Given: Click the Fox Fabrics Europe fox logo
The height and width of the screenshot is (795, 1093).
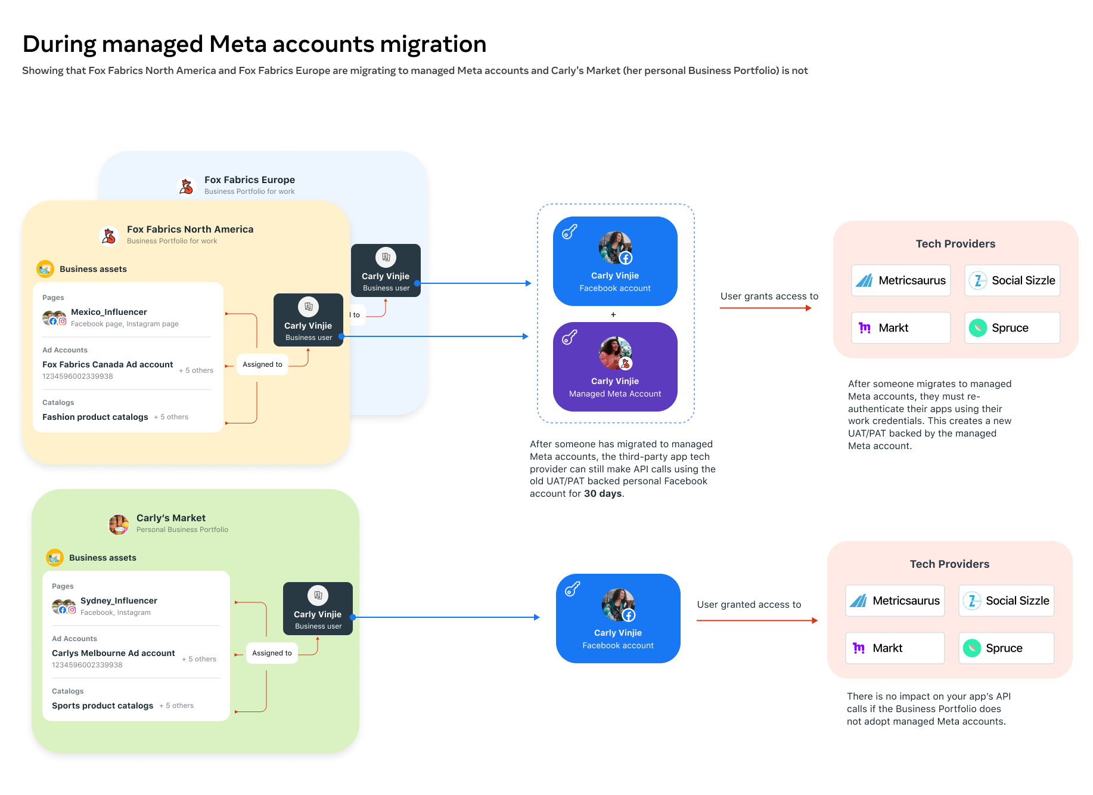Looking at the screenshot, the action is (187, 186).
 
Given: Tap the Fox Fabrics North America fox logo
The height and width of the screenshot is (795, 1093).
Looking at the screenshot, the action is (109, 236).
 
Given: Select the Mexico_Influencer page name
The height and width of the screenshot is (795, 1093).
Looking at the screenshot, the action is (109, 312).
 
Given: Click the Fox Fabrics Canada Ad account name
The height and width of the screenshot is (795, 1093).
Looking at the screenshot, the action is (108, 364).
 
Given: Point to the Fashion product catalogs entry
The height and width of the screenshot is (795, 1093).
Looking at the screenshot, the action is (95, 417).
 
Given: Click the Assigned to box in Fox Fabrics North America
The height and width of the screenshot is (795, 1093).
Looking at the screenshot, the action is (262, 364).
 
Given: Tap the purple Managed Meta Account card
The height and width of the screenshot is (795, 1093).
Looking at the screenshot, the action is (615, 367).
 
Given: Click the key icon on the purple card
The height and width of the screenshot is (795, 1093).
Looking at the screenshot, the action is (570, 338).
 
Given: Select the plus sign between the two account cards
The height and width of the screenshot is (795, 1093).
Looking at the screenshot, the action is (613, 314).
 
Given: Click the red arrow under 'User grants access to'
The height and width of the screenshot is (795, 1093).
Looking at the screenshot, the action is (766, 308).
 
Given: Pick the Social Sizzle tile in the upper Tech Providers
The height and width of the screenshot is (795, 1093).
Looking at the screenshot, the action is (1013, 280).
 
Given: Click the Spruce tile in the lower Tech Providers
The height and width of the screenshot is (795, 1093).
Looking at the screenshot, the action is (1007, 648).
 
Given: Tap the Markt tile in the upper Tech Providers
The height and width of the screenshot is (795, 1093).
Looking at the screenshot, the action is (901, 327).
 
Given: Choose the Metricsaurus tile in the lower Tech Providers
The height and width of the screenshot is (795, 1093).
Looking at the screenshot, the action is (895, 601).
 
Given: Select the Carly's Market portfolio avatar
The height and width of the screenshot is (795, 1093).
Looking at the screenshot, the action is (119, 524).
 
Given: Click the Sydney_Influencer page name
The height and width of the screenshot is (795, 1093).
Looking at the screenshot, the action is (119, 601).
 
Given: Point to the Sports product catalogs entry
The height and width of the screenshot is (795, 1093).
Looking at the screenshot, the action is (103, 706).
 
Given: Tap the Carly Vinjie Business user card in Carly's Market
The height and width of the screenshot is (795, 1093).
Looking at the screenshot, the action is (318, 608).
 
